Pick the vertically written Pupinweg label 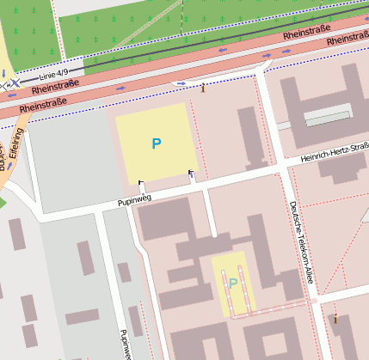coord(126,344)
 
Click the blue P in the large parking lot coord(156,143)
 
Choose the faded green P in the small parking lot coord(232,283)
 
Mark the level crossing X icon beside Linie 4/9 coord(15,83)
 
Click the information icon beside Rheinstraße coord(203,87)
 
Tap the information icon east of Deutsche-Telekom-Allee coord(335,319)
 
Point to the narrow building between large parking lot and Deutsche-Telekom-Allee coord(247,133)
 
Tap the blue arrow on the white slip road coord(181,82)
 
